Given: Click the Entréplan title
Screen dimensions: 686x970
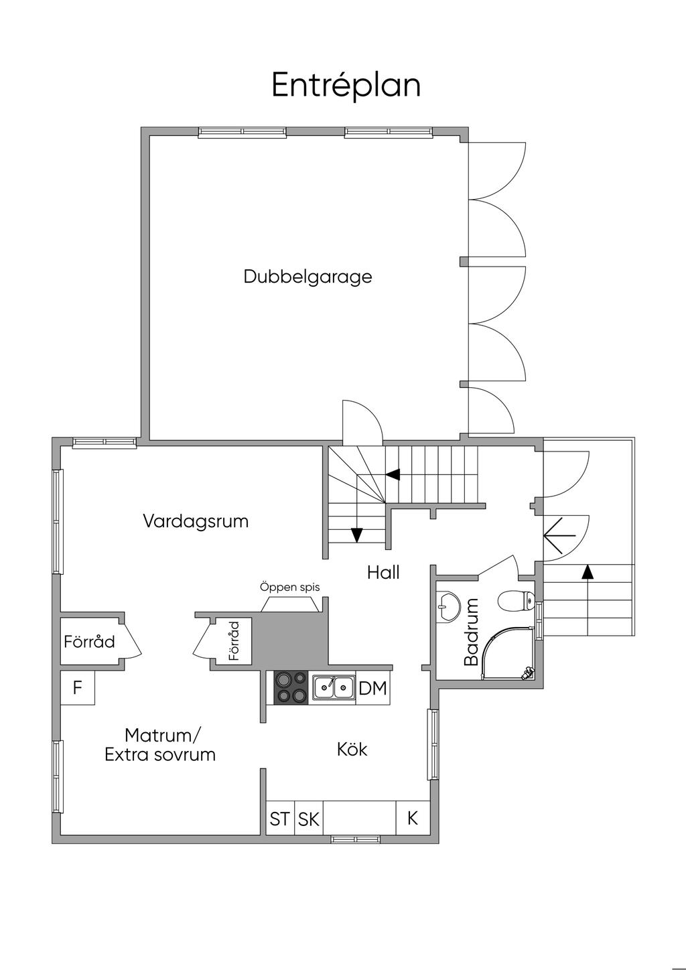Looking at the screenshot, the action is [x=346, y=86].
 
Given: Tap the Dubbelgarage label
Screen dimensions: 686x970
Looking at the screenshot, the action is [x=307, y=276].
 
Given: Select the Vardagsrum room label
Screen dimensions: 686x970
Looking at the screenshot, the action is [x=196, y=521].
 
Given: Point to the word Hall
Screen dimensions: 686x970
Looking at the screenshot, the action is [x=383, y=572].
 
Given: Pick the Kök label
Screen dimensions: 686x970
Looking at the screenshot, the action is [x=352, y=749].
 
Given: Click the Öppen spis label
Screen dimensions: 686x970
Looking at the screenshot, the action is [x=289, y=587].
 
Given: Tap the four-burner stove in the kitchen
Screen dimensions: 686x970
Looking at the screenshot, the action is [x=291, y=688].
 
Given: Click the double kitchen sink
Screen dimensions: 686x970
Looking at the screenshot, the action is [x=334, y=687].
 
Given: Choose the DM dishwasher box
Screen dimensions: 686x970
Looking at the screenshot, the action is [x=373, y=688].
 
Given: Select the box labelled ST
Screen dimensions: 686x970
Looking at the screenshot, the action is [x=280, y=819].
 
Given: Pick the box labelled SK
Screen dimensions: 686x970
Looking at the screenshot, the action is [x=309, y=819].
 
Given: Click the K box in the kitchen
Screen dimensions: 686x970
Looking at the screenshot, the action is [x=413, y=818].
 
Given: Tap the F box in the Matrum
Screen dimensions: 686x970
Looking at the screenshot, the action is [x=78, y=688].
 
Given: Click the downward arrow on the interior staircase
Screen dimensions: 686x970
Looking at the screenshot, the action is [x=356, y=535].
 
